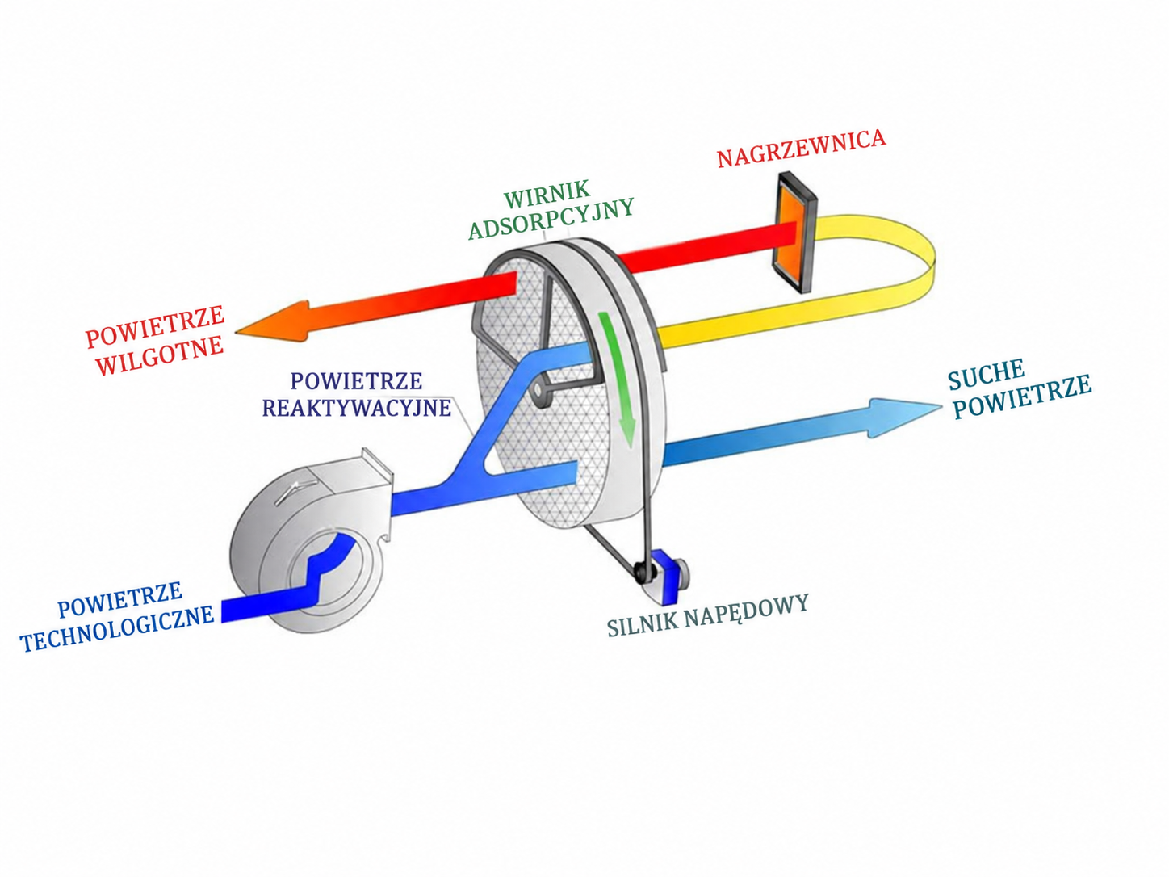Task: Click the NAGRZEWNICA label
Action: point(801,149)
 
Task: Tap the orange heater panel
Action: point(795,233)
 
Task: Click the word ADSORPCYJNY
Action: point(551,219)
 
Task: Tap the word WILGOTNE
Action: point(161,355)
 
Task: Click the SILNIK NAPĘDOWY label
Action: point(708,615)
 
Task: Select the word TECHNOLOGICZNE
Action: point(118,629)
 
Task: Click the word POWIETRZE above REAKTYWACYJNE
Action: point(356,381)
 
